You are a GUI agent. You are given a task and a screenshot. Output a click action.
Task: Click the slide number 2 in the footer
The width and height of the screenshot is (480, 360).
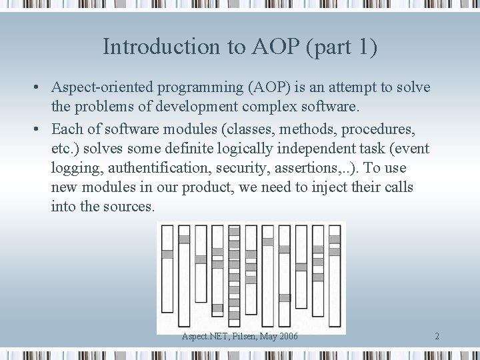[437, 336]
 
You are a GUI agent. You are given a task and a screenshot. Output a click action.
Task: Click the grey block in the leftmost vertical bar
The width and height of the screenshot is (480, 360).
[167, 254]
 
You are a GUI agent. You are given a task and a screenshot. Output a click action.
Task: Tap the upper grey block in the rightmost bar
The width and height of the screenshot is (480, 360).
[335, 239]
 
